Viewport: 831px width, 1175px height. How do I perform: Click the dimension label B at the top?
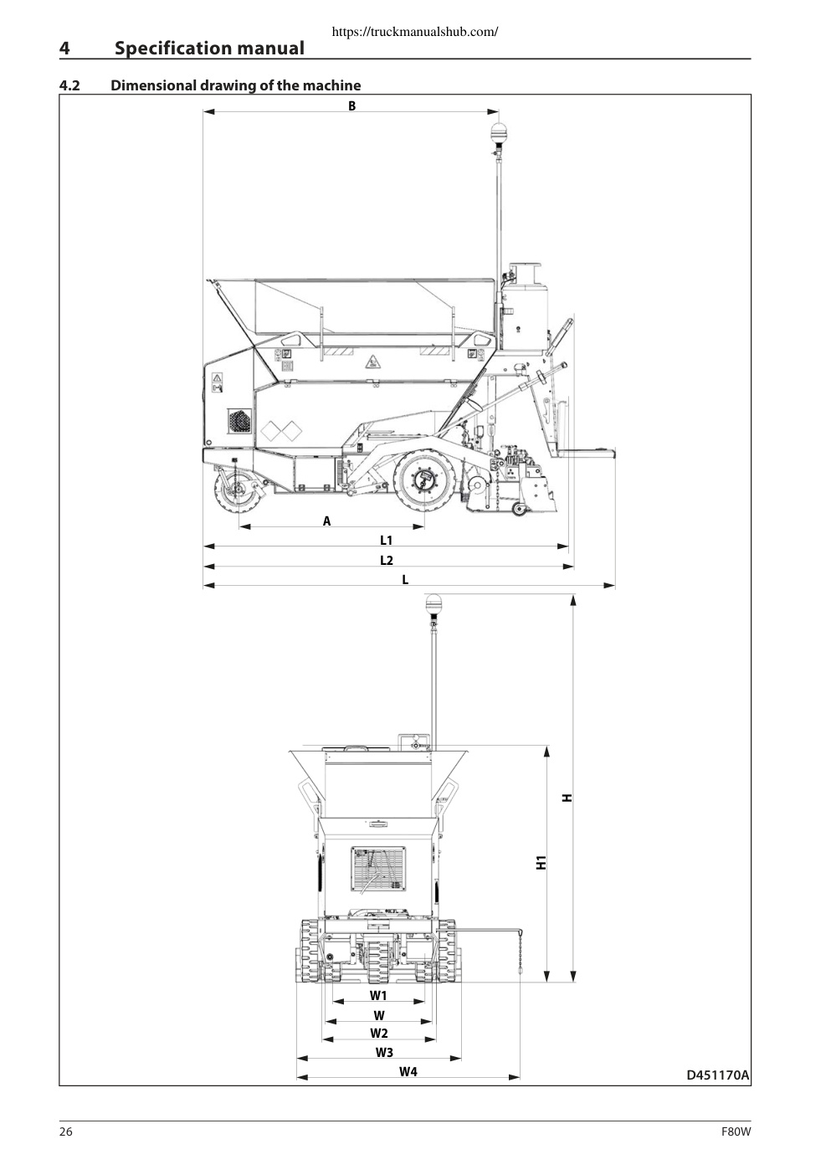(x=352, y=106)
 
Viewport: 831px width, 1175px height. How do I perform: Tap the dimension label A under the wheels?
(x=327, y=521)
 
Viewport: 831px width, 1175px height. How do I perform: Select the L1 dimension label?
(x=386, y=540)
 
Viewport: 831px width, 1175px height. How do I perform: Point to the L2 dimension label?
(x=387, y=560)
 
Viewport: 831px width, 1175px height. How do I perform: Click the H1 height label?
(x=541, y=862)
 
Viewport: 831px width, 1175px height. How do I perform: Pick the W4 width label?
(x=408, y=1072)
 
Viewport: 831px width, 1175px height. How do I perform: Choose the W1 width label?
(x=378, y=995)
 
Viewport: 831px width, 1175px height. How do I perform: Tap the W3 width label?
(x=384, y=1052)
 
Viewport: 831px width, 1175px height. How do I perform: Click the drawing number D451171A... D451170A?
(x=718, y=1075)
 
